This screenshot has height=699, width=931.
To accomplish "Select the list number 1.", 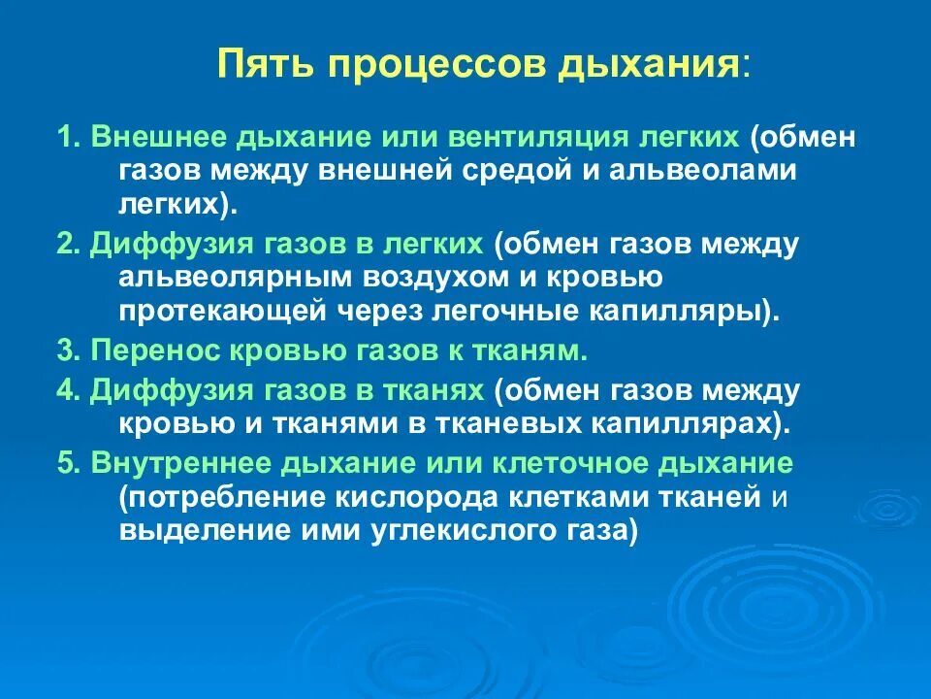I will [66, 137].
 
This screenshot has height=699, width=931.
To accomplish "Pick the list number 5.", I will [66, 463].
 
